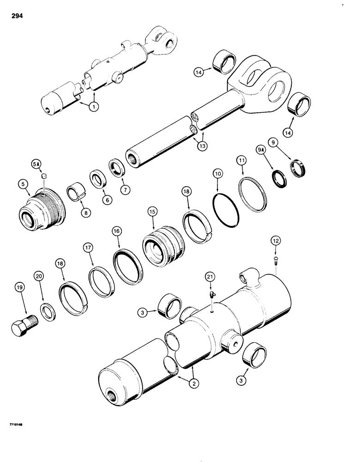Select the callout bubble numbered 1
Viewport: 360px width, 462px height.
(x=95, y=107)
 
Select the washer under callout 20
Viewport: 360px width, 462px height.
(x=47, y=309)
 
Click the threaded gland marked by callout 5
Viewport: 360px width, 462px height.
(x=42, y=215)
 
